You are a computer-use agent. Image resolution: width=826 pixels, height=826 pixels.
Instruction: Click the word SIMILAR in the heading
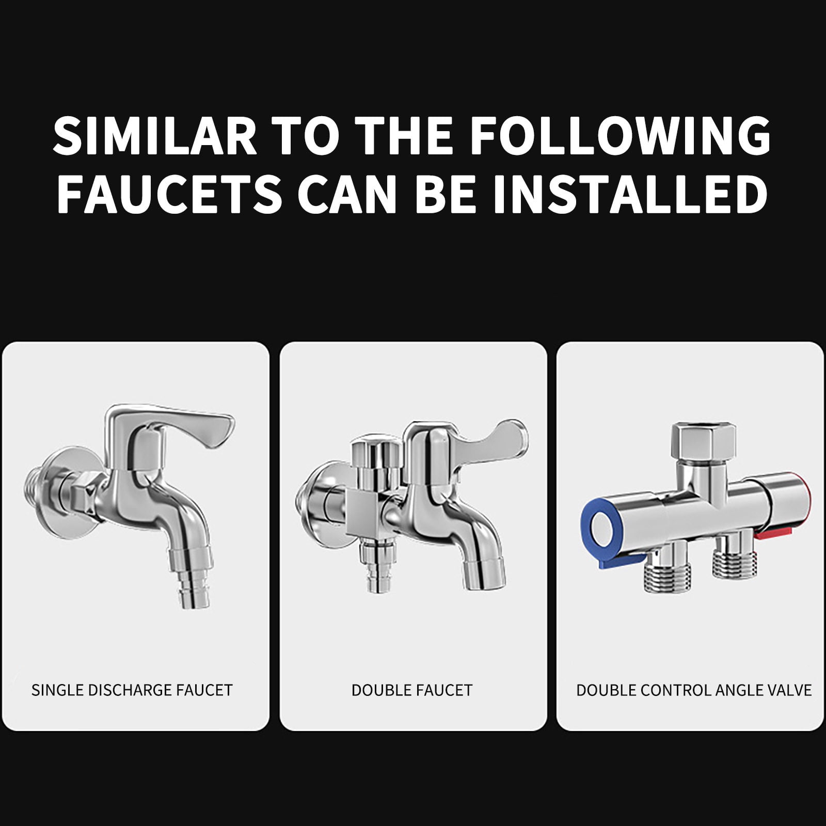click(155, 136)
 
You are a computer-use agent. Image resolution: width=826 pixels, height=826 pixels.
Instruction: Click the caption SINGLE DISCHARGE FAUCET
click(132, 690)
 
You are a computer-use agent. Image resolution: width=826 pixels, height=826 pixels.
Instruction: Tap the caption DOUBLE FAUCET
click(412, 690)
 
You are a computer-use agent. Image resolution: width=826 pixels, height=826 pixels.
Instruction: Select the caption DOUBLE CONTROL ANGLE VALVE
click(694, 690)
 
